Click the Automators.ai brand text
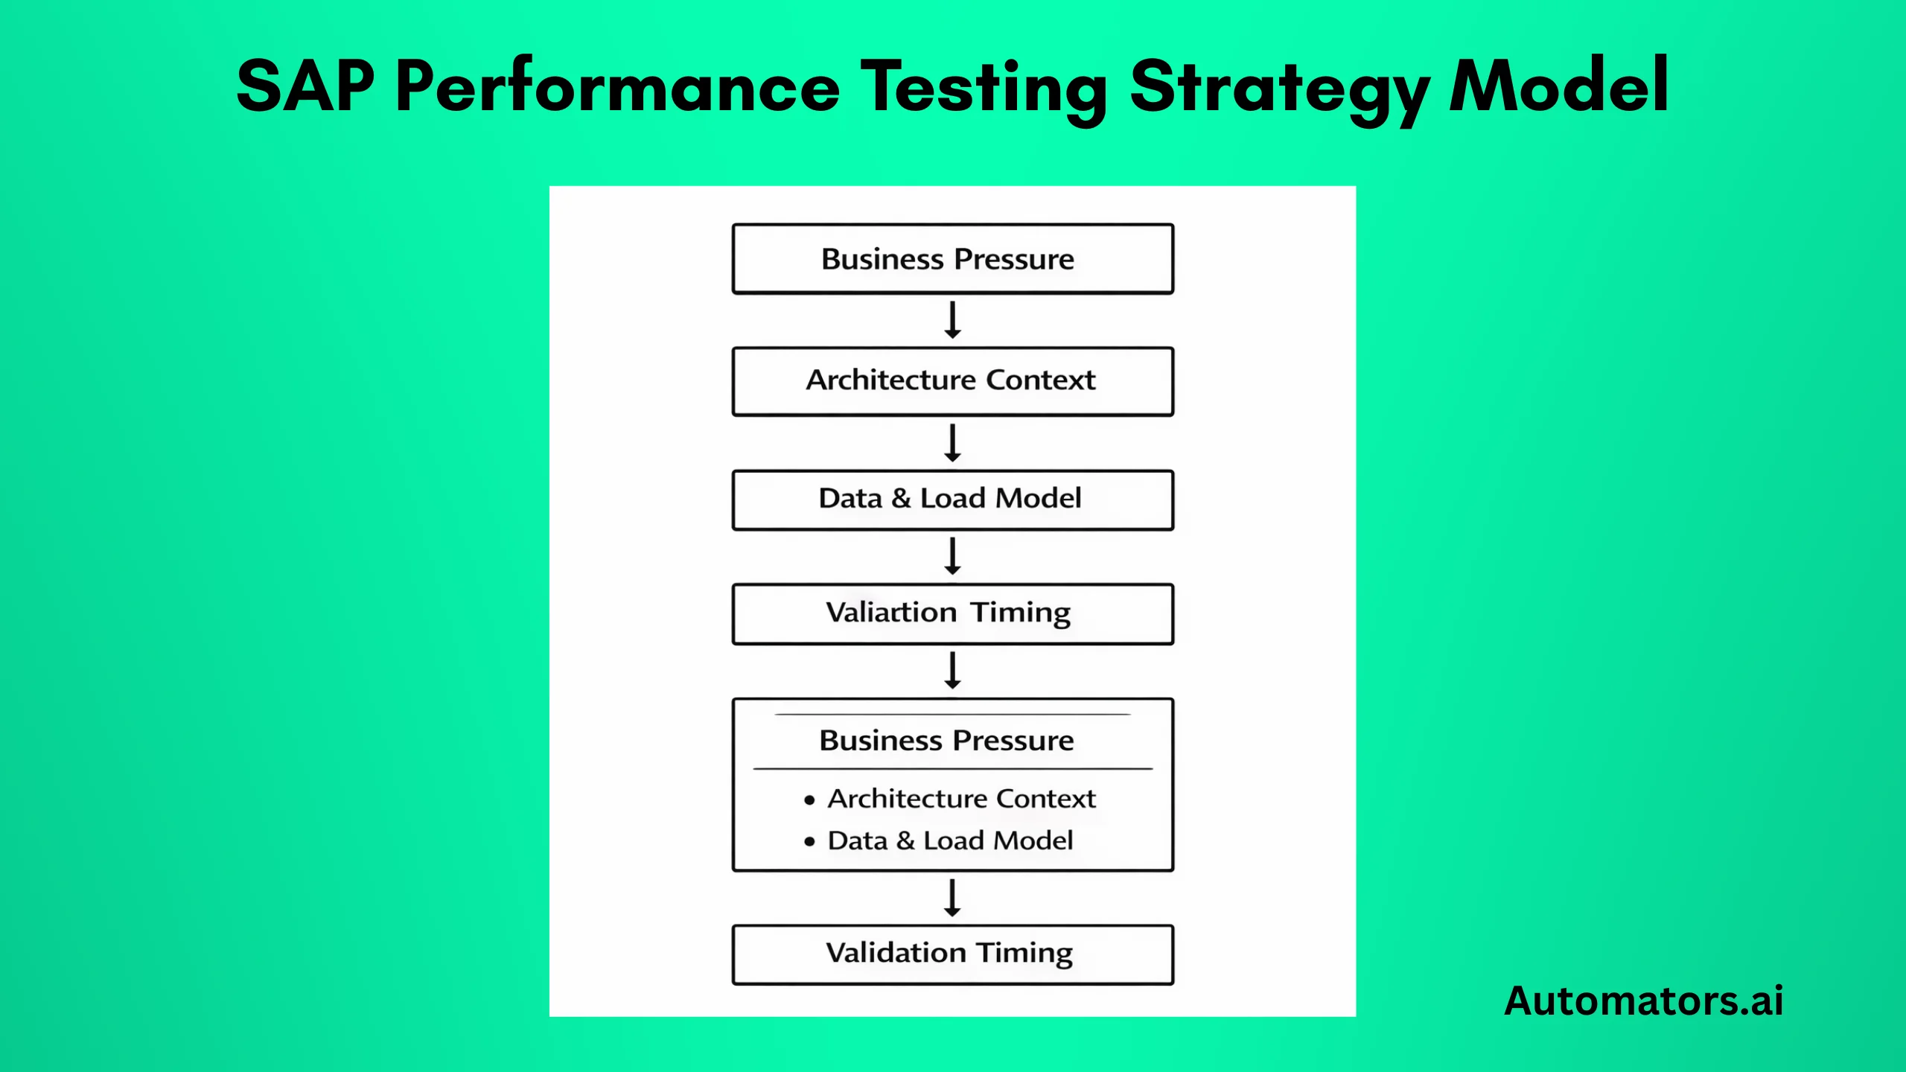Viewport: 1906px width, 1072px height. point(1643,1000)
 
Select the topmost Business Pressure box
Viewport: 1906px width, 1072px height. point(952,259)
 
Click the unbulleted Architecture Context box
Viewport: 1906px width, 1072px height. point(952,380)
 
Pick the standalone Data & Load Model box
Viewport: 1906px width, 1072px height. point(952,500)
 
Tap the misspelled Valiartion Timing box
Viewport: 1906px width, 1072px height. point(952,613)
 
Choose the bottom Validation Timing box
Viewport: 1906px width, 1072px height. point(952,954)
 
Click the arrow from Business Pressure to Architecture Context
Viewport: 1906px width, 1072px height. point(952,320)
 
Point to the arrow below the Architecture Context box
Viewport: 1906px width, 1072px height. point(952,443)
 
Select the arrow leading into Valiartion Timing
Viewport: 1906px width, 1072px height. point(952,556)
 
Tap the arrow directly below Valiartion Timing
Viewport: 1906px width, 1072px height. point(952,670)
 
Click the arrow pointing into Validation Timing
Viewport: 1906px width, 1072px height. point(952,898)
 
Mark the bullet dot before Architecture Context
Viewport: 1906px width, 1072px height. point(809,800)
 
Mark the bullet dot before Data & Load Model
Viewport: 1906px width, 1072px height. point(809,842)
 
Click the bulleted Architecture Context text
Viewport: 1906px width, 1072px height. point(961,799)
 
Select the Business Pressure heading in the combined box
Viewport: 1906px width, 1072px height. point(946,741)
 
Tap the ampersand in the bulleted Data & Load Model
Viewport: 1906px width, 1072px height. point(905,840)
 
